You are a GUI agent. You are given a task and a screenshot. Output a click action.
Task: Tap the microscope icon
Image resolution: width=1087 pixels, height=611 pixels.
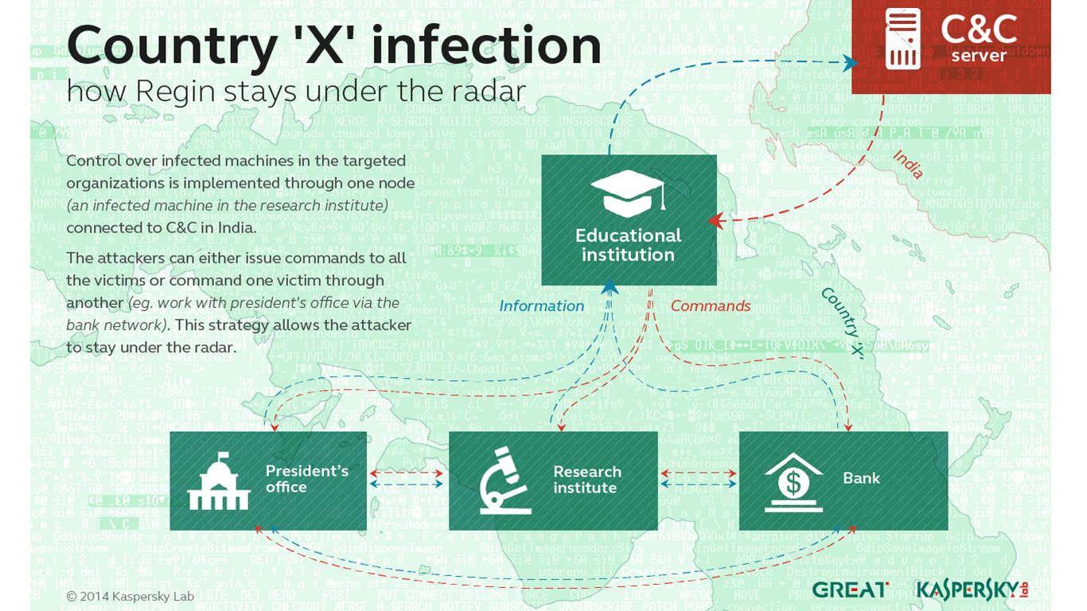click(506, 481)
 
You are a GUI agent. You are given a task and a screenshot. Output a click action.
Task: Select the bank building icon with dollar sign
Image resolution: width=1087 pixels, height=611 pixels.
click(793, 481)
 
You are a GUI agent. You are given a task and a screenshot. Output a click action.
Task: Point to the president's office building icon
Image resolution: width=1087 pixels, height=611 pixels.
click(218, 481)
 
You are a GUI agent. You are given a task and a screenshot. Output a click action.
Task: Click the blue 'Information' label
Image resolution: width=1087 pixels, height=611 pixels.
click(541, 306)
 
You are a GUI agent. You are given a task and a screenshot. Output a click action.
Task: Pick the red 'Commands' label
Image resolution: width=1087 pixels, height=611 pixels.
click(711, 306)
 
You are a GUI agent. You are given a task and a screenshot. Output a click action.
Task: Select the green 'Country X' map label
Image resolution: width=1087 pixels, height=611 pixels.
click(843, 321)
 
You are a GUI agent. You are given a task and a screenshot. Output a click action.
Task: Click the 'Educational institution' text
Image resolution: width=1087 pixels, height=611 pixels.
click(629, 245)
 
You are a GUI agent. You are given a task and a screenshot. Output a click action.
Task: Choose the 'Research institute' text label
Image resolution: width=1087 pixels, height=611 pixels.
click(586, 480)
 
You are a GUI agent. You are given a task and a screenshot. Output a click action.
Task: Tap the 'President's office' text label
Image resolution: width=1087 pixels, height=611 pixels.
click(306, 479)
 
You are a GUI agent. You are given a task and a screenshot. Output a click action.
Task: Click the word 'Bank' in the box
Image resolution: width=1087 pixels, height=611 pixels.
click(861, 478)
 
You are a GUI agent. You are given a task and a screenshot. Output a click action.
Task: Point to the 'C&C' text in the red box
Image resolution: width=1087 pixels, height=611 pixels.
click(978, 29)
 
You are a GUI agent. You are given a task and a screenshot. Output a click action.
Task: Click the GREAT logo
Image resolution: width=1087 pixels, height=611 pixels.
click(850, 590)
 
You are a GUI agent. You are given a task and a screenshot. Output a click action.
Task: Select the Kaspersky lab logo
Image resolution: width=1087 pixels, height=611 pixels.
click(968, 590)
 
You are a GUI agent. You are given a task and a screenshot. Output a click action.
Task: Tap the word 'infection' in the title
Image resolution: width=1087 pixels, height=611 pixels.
click(486, 45)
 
